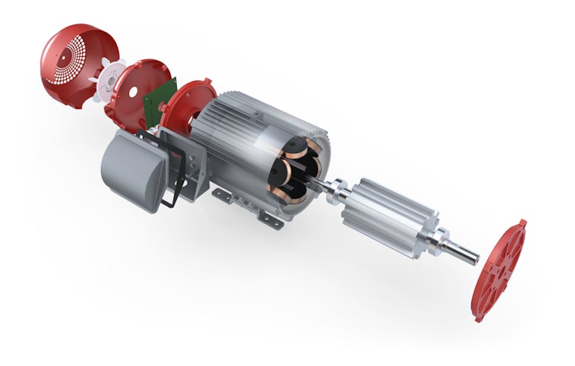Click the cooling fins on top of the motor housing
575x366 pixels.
[254, 112]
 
